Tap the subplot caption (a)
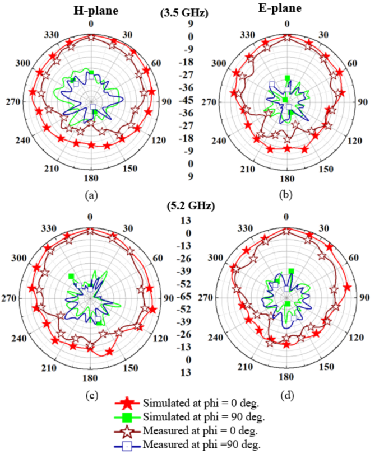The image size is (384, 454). (89, 195)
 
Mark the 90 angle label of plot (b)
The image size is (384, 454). (362, 102)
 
